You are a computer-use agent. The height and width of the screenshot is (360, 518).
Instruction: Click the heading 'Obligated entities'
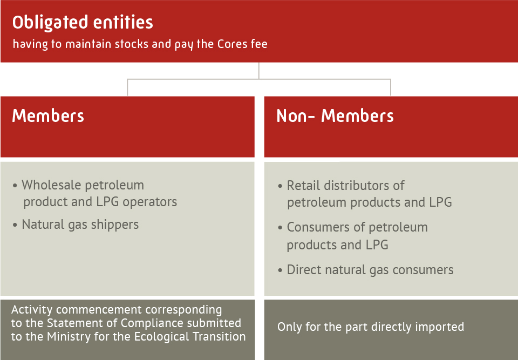[83, 23]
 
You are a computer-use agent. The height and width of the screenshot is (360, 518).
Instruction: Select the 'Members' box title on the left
[48, 116]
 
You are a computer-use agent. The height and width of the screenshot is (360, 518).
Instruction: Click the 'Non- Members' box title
[335, 116]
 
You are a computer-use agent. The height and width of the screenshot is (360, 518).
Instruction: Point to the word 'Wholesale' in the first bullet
[56, 185]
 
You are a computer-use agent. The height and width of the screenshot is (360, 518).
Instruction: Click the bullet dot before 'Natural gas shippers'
[15, 225]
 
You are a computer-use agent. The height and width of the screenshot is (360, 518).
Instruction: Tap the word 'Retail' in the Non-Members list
[304, 186]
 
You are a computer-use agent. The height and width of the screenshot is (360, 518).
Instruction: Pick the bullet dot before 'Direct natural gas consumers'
[280, 270]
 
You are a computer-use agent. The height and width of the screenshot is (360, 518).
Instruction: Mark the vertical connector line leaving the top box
[258, 70]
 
